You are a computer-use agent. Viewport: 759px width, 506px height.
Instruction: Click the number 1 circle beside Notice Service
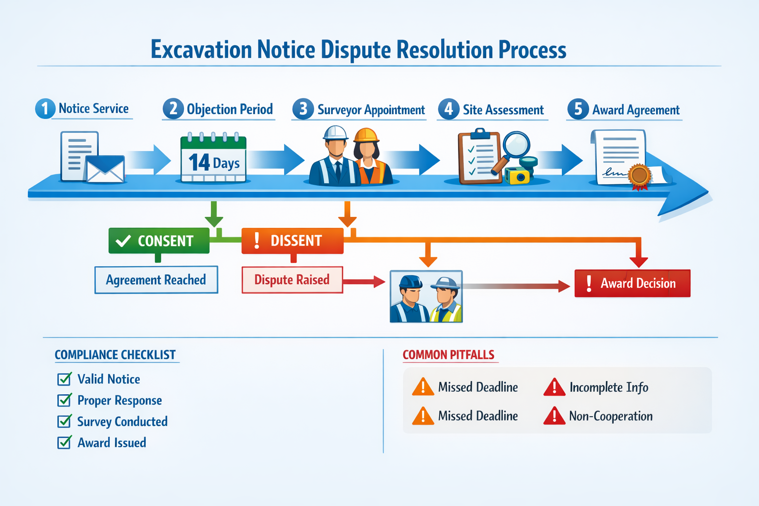45,109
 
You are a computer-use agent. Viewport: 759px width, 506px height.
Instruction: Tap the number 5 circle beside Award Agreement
578,109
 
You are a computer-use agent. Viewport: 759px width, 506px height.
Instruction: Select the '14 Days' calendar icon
213,157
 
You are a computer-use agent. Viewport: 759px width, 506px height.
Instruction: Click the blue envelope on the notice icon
105,169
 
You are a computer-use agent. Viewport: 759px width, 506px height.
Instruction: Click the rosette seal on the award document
640,175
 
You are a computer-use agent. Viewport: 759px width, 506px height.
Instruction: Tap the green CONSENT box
159,241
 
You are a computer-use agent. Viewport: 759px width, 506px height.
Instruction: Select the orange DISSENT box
293,241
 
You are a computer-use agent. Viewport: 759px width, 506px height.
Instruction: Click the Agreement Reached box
156,280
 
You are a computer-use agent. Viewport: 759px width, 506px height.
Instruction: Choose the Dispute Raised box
292,280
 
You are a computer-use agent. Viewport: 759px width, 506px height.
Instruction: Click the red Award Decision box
632,283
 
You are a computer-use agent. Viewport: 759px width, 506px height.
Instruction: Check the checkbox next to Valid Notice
64,379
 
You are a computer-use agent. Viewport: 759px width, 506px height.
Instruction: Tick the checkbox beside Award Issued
64,442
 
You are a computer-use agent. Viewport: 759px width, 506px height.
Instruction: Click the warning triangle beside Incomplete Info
554,387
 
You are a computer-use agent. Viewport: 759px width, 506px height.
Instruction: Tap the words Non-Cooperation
611,416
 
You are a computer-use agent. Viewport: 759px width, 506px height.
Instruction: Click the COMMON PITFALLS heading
448,355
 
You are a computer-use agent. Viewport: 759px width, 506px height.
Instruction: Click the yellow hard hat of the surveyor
366,135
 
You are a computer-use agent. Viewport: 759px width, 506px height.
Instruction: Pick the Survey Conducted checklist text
122,422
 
